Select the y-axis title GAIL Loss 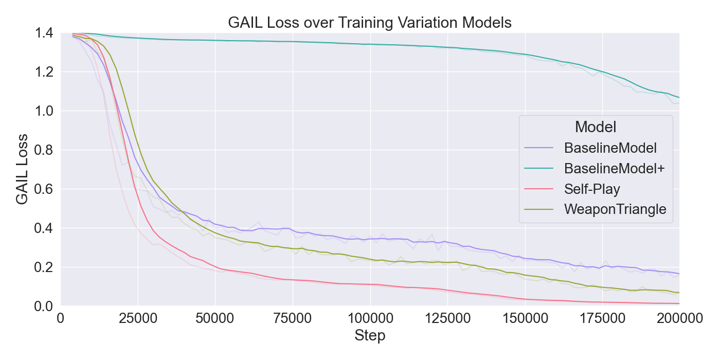[x=22, y=170]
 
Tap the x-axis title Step [x=370, y=336]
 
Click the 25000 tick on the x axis [x=138, y=319]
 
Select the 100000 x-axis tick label [x=370, y=319]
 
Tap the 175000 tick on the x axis [x=602, y=319]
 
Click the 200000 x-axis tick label [x=679, y=319]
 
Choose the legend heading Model [x=596, y=127]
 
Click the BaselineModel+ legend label [x=615, y=169]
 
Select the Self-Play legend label [x=592, y=189]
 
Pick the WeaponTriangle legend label [x=615, y=209]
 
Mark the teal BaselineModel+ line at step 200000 [x=678, y=97]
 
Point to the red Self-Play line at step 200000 [x=678, y=303]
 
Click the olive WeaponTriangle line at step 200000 [x=678, y=292]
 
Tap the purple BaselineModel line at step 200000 [x=678, y=274]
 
